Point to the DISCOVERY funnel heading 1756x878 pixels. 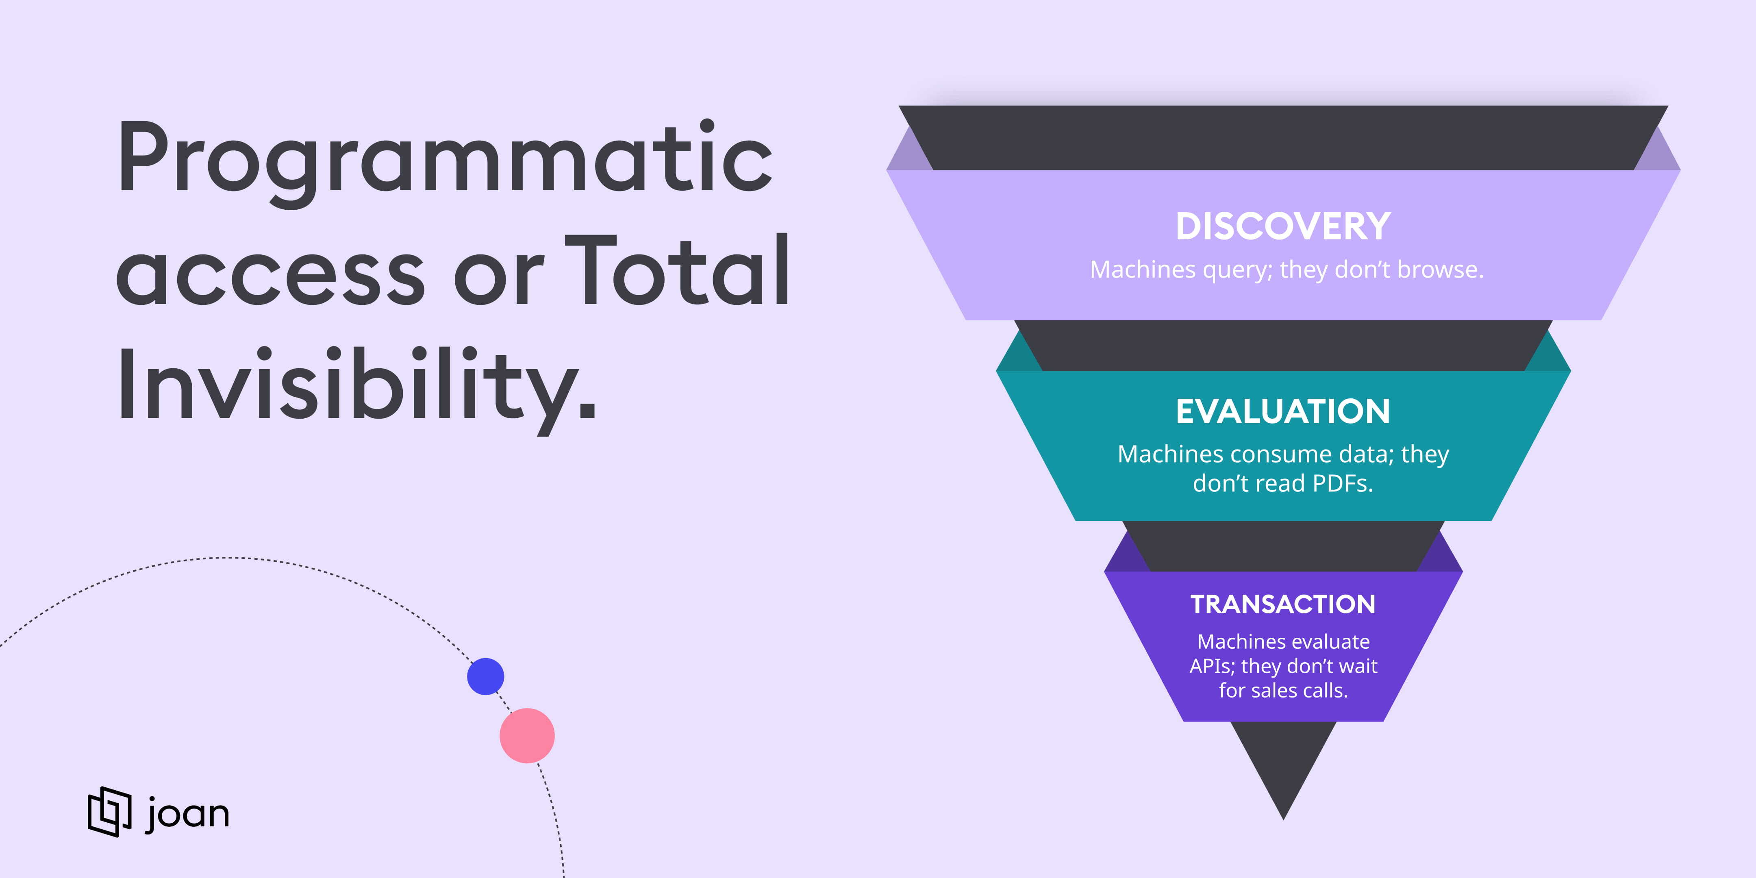pyautogui.click(x=1283, y=226)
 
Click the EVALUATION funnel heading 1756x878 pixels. pyautogui.click(x=1283, y=412)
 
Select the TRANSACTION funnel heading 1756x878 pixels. pyautogui.click(x=1283, y=604)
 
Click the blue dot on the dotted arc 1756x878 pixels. pyautogui.click(x=485, y=676)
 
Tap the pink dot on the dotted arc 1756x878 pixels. pyautogui.click(x=527, y=736)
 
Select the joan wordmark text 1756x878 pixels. pyautogui.click(x=187, y=813)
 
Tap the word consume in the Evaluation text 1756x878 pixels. pyautogui.click(x=1271, y=454)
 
